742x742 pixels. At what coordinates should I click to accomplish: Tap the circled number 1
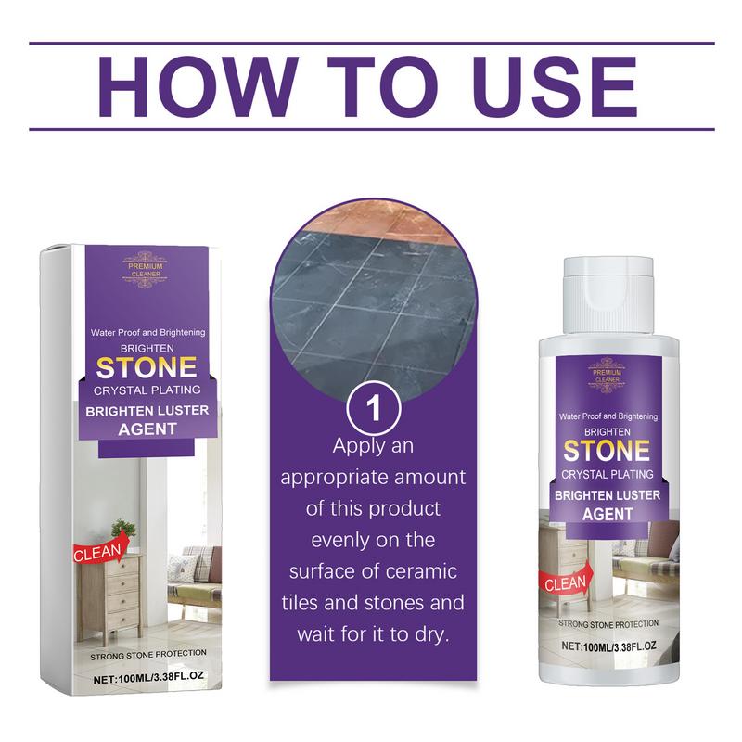374,408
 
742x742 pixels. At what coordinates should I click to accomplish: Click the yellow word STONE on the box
147,367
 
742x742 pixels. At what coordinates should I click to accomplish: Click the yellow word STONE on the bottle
607,451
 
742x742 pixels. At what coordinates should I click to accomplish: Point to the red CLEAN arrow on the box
100,548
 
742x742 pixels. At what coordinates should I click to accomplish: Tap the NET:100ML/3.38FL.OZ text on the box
148,677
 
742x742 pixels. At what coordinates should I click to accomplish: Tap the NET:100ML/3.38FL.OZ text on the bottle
609,646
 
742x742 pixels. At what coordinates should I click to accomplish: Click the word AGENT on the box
147,429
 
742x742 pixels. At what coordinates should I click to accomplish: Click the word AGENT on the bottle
608,514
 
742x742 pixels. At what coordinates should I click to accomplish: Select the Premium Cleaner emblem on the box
146,270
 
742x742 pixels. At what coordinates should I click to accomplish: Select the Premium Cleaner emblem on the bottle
608,376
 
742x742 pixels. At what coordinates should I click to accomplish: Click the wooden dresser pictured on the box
109,597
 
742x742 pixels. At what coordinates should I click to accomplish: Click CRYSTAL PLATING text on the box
147,390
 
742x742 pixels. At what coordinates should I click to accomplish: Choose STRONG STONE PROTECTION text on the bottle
608,623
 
